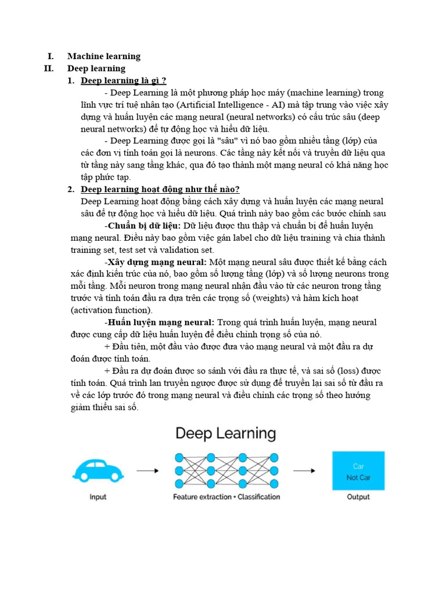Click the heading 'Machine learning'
[103, 56]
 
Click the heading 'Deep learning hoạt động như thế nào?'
[160, 189]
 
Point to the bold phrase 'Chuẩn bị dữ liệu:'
[144, 226]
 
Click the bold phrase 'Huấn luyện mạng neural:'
[160, 323]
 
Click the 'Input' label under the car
[98, 497]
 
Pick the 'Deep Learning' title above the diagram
[225, 433]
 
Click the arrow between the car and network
[148, 470]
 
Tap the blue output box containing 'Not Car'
[358, 470]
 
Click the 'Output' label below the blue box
[358, 497]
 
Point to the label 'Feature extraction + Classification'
[226, 497]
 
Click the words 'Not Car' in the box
[358, 477]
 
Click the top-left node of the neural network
[179, 457]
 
